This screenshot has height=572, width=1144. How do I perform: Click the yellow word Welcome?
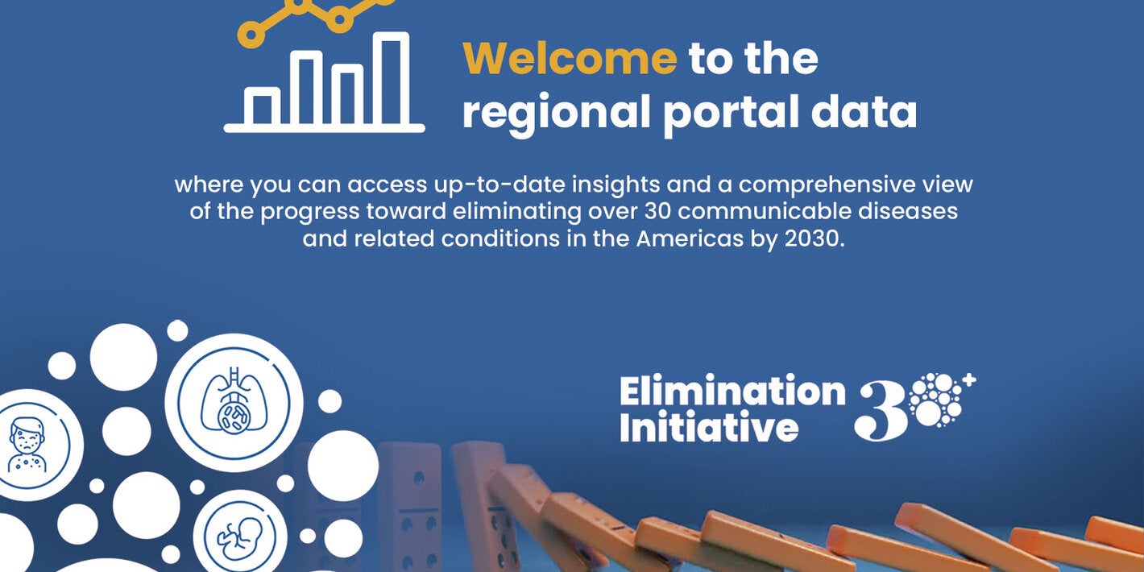click(570, 58)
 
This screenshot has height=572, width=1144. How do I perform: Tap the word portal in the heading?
click(730, 112)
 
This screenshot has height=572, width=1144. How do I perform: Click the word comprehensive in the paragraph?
click(829, 184)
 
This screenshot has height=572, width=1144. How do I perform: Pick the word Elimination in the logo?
click(732, 392)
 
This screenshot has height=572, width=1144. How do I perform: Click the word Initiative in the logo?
click(709, 427)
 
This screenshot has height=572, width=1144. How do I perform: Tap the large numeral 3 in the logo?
click(881, 411)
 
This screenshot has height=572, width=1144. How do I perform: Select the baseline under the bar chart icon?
click(324, 127)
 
